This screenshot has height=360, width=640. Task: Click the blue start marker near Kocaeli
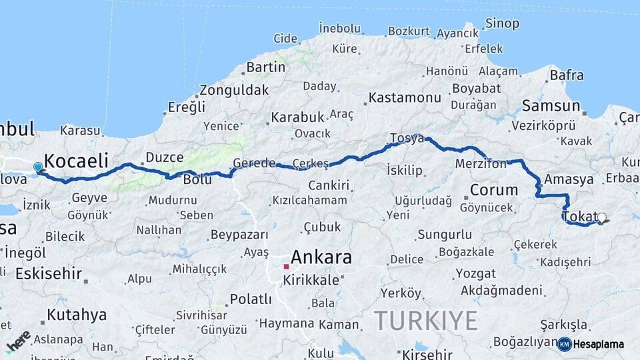point(38,167)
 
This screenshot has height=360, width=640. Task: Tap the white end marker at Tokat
point(602,217)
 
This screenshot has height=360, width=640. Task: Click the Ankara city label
point(321,257)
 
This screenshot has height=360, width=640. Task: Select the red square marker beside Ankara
point(286,266)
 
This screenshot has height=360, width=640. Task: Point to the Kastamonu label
point(405,97)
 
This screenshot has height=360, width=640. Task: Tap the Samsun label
point(551,105)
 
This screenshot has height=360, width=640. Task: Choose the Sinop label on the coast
point(502,23)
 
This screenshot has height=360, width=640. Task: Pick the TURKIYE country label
point(425,320)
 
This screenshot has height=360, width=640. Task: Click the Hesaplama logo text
point(599,344)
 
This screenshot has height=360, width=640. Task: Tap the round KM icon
point(564,344)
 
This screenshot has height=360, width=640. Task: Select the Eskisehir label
point(49,273)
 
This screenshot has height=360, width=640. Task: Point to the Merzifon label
point(481,163)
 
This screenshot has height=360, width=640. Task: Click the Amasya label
point(569,179)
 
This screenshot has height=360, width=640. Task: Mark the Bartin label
point(266,67)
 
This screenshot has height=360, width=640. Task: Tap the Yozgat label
point(475,273)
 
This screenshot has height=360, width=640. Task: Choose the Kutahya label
point(77,315)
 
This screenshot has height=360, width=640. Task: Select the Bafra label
point(567,75)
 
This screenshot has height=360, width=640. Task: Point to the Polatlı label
point(250,299)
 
